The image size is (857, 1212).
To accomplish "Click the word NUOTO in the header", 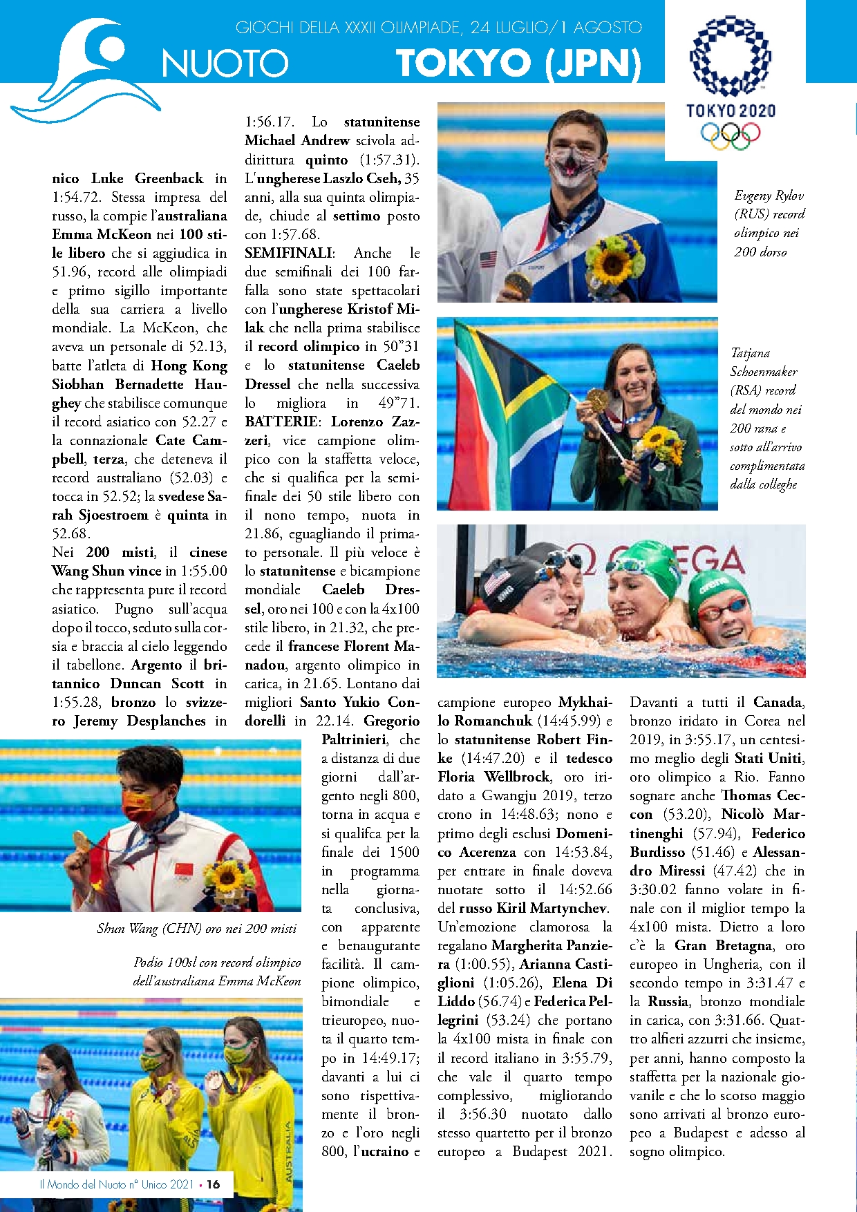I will coord(225,64).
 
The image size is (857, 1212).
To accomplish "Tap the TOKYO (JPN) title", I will coord(518,64).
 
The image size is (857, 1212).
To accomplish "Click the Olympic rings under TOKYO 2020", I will coord(730,133).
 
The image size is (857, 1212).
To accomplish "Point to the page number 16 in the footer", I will coord(214,1184).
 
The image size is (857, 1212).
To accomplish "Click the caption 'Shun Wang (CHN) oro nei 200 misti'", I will coord(197,929).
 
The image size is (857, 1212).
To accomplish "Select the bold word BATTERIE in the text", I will coord(282,422).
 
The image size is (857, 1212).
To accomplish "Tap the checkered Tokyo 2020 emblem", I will coord(730,55).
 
